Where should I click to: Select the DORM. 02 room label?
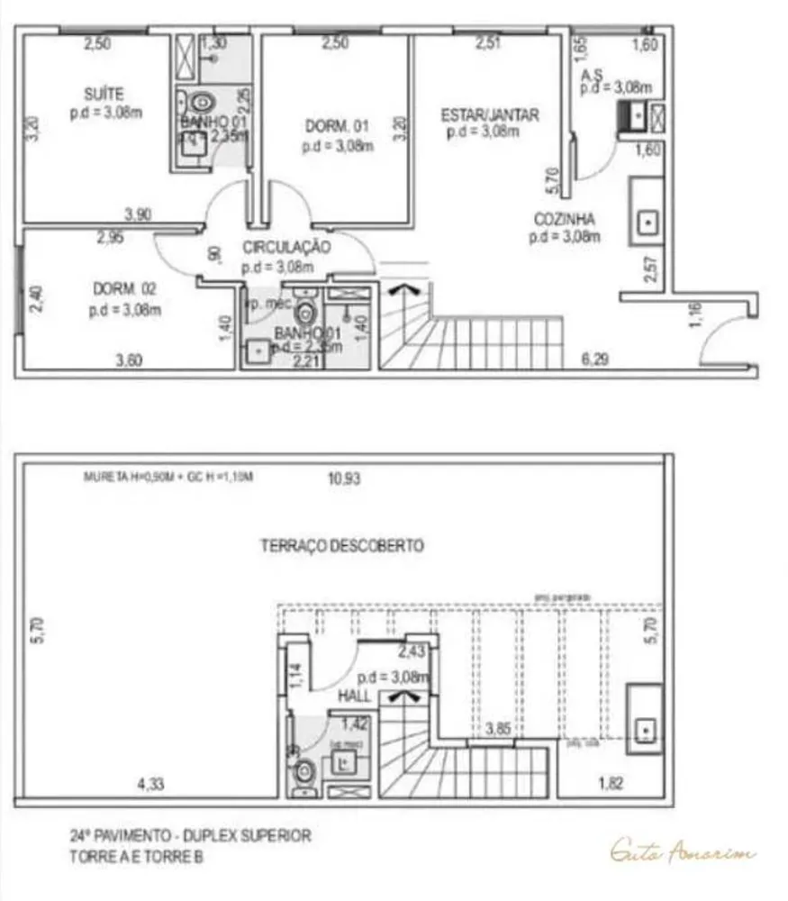tap(124, 289)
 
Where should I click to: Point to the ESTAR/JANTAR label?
tap(490, 114)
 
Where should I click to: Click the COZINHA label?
tap(564, 219)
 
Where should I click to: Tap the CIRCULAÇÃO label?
tap(286, 247)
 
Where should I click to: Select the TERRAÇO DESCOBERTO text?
tap(342, 545)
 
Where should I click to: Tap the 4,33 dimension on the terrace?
tap(150, 783)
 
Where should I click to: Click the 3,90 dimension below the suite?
tap(139, 214)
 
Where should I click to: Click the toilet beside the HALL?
tap(305, 771)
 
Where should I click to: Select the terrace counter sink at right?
tap(645, 728)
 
